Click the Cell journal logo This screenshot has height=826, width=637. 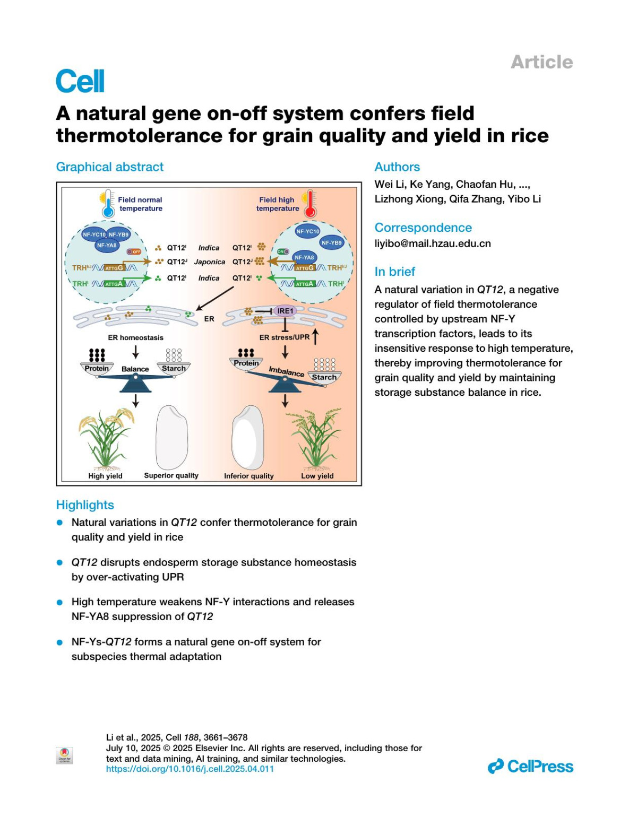80,82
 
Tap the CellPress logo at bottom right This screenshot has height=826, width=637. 531,766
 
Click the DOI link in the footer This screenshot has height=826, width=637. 190,769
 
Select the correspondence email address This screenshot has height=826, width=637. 433,244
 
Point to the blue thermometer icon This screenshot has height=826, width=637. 108,204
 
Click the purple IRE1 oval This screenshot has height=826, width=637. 285,311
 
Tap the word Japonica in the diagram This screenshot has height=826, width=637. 209,262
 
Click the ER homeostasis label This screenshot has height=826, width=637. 136,337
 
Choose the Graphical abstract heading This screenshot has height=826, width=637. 110,167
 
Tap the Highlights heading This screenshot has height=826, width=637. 85,505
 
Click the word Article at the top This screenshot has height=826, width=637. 541,62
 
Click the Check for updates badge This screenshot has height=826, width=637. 64,755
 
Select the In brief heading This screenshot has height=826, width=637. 394,272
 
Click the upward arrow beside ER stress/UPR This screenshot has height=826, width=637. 316,336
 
